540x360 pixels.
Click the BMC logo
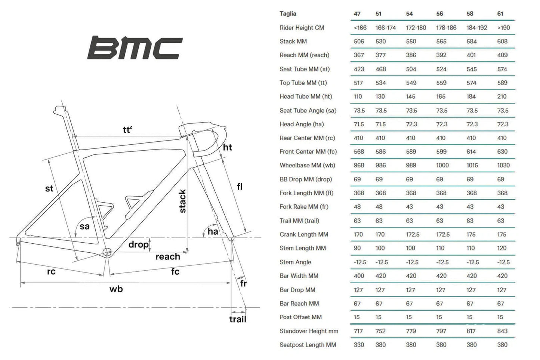click(x=135, y=48)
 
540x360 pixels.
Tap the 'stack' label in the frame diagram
click(x=182, y=201)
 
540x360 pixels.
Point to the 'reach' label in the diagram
click(x=168, y=257)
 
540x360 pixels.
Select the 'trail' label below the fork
click(x=238, y=319)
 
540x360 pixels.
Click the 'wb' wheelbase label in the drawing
click(x=116, y=289)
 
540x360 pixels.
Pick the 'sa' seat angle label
click(x=85, y=226)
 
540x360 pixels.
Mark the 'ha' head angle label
click(x=213, y=231)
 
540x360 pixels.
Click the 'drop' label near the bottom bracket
click(x=138, y=244)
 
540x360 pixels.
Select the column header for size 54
click(x=409, y=14)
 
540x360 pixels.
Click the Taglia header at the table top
click(x=288, y=14)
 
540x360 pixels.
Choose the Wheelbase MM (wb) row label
click(x=307, y=165)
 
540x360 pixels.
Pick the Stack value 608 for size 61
click(x=502, y=41)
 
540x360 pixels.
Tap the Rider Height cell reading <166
click(x=360, y=28)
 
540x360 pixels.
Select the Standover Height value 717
click(x=358, y=331)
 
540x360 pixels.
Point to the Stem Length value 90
click(x=357, y=248)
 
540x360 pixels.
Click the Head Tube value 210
click(x=502, y=96)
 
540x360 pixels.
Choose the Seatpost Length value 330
click(x=359, y=345)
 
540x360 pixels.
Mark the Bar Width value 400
click(x=359, y=276)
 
